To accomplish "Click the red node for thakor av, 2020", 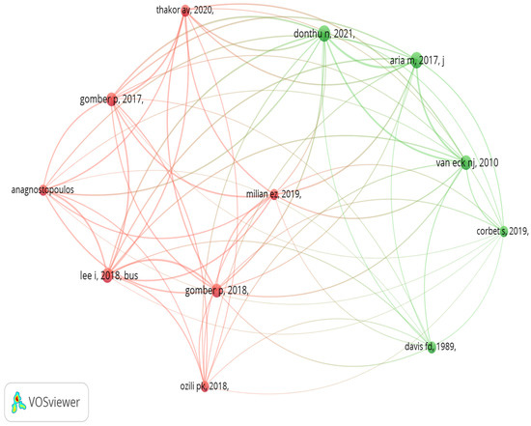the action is click(185, 11).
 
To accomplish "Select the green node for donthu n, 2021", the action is click(324, 34).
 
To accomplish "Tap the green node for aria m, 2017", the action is click(416, 60).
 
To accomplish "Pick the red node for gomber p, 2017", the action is click(112, 99).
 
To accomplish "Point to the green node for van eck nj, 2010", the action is click(466, 162).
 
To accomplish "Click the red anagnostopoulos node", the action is click(43, 190).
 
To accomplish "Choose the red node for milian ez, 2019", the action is click(273, 194).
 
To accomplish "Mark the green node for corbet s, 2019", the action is click(504, 232).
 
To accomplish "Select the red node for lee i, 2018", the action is click(107, 275).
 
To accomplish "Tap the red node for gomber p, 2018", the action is click(216, 291).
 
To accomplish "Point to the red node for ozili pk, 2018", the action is click(205, 386).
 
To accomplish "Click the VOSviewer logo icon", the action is click(18, 402).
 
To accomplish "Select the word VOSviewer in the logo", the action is click(54, 402).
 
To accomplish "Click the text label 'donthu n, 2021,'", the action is click(324, 34).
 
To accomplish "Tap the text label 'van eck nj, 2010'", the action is click(467, 162).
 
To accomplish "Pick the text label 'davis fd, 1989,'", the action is click(430, 347).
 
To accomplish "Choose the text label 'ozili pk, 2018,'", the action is click(205, 386).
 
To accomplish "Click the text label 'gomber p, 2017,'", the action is click(112, 99).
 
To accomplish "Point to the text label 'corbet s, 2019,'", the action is click(502, 231).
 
